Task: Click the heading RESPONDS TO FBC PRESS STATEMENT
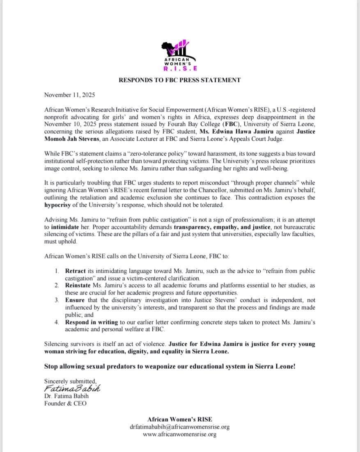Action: pyautogui.click(x=179, y=80)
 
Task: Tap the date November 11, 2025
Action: pyautogui.click(x=69, y=95)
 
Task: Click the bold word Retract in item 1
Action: pyautogui.click(x=76, y=271)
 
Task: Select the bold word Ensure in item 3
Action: pyautogui.click(x=75, y=300)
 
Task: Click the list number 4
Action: pyautogui.click(x=56, y=322)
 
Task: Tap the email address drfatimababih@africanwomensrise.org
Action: pyautogui.click(x=179, y=427)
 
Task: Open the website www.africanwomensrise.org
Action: pyautogui.click(x=179, y=434)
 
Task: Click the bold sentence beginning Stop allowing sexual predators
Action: pyautogui.click(x=170, y=366)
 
